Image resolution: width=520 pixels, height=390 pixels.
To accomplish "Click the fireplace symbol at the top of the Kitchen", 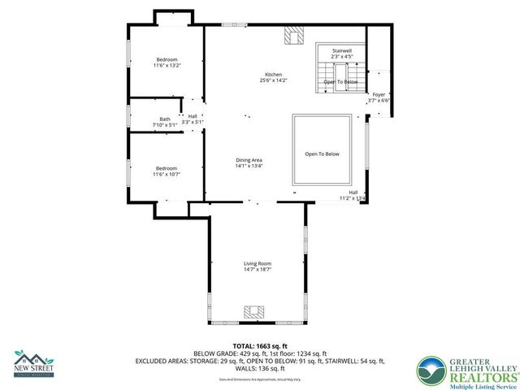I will point(291,36).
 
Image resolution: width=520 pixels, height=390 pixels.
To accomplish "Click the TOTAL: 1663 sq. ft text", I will point(259,346).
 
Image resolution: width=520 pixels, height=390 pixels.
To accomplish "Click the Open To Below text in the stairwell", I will point(340,82).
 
